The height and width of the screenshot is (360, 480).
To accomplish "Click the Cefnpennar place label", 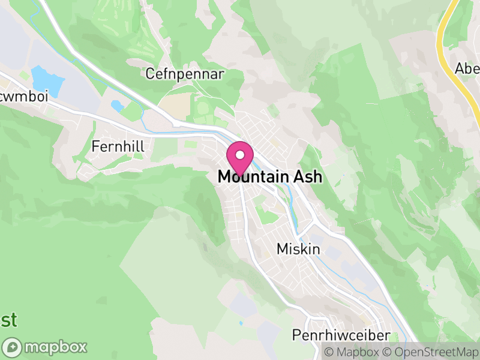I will pos(185,74).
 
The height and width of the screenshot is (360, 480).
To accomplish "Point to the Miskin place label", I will pos(298,248).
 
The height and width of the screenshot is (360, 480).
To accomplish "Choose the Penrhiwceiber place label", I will pos(341,335).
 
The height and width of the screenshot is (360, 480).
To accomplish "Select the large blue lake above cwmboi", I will pos(47,82).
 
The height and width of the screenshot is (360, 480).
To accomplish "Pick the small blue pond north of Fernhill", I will pos(118,106).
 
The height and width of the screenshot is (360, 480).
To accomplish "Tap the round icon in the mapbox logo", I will pos(13,347).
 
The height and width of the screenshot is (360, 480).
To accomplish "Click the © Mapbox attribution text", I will pos(351,352).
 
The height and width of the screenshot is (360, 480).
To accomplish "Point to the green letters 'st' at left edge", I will pos(8,320).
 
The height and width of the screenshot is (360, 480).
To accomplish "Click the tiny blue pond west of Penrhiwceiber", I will pos(241,323).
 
